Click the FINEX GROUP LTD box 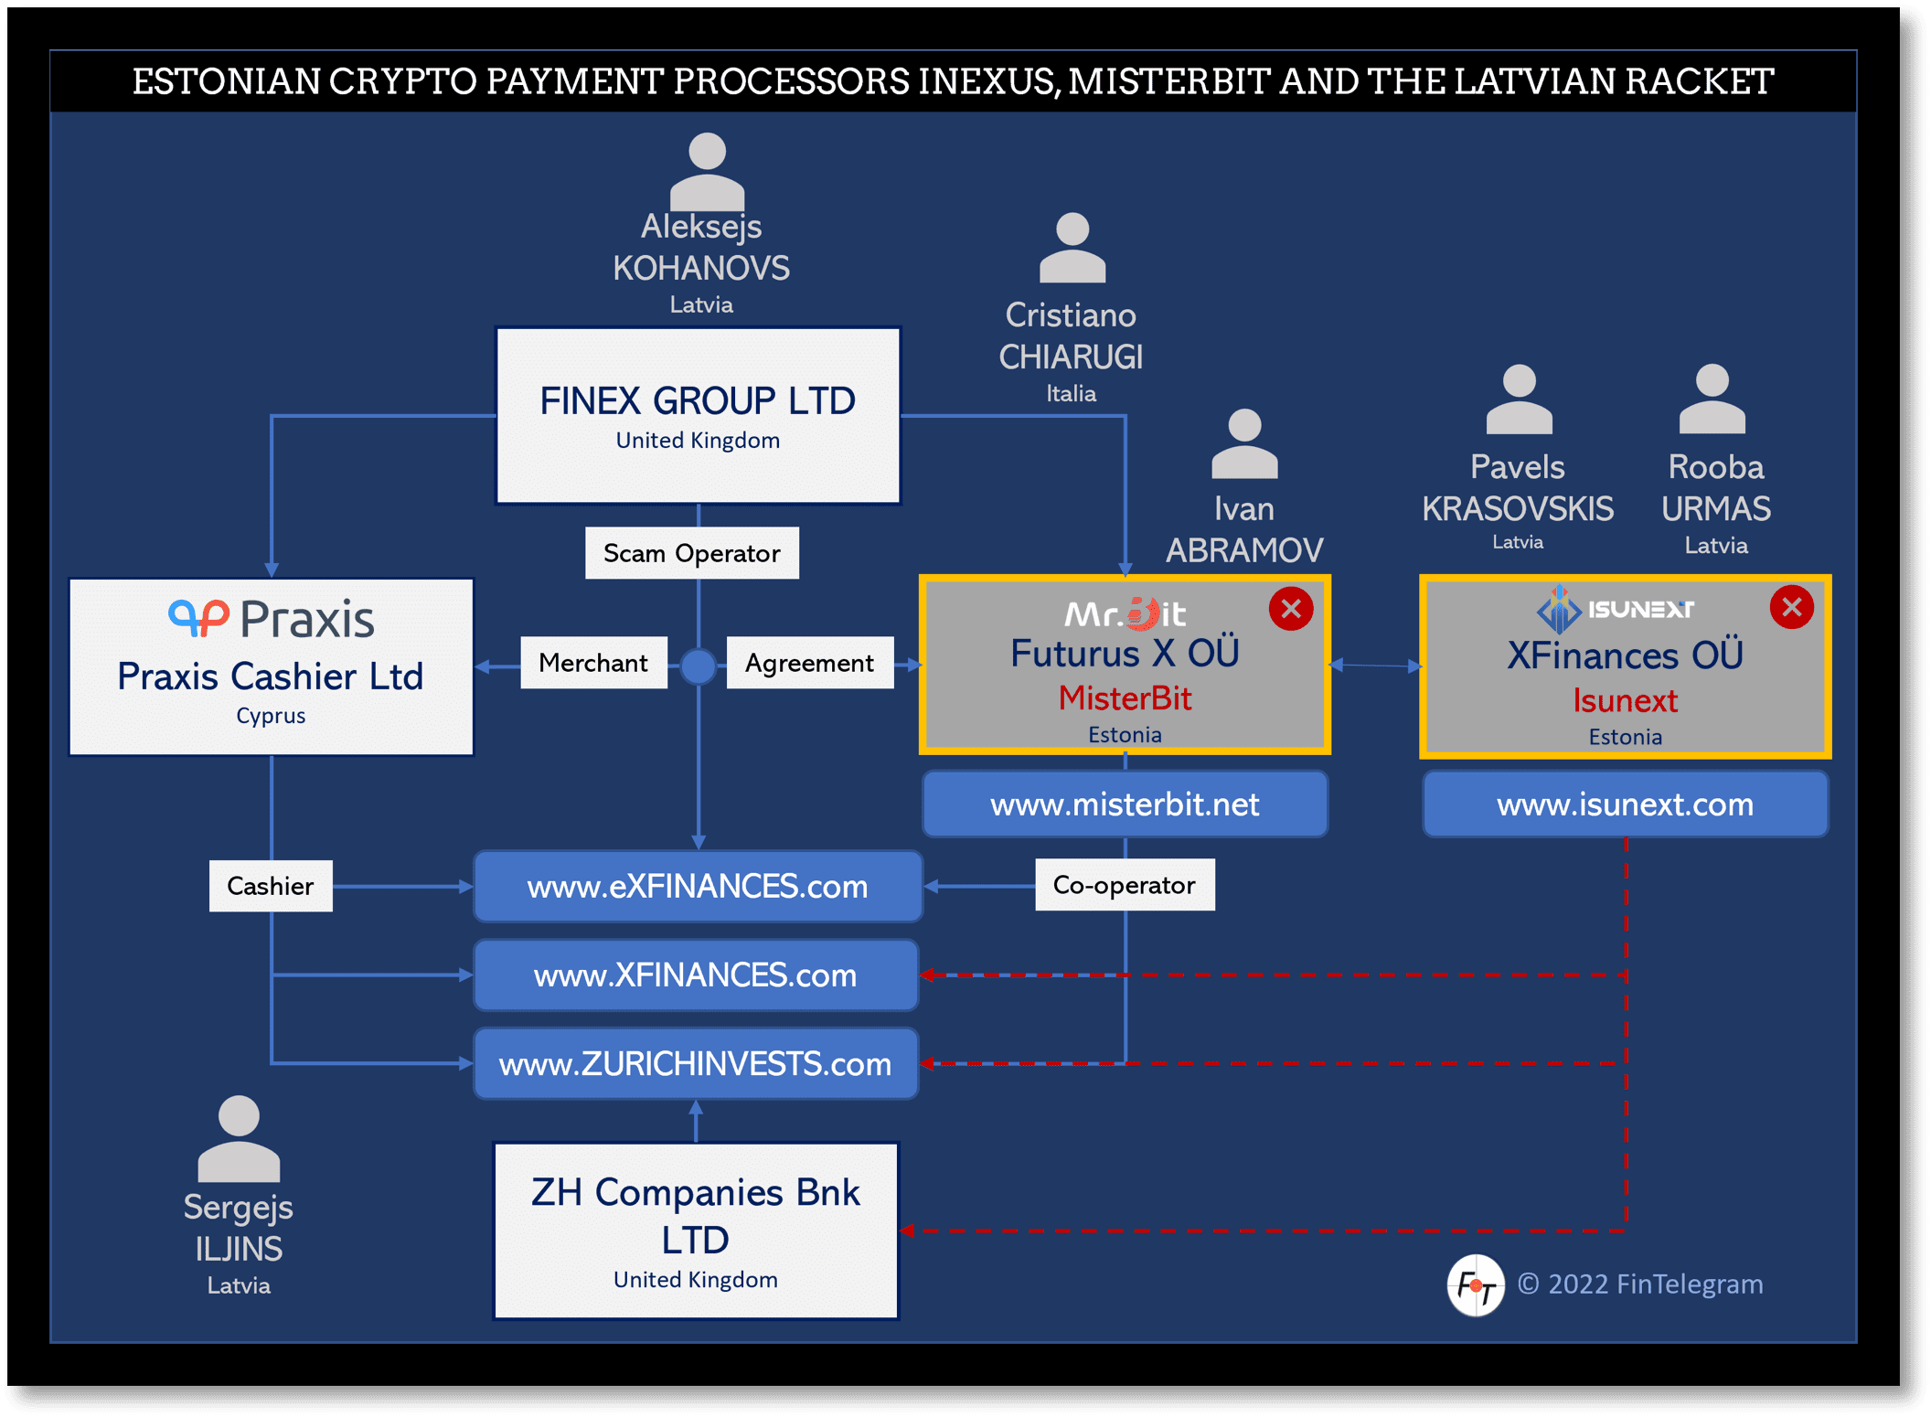tap(698, 416)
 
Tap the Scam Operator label tap(692, 553)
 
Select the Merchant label tap(593, 663)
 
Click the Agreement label tap(809, 663)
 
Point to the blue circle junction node tap(699, 666)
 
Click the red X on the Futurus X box tap(1291, 609)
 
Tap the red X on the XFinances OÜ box tap(1791, 607)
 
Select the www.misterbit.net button tap(1125, 804)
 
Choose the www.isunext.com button tap(1625, 804)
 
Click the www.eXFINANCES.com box tap(698, 886)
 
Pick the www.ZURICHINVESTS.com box tap(696, 1063)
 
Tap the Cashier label tap(271, 886)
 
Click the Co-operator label tap(1125, 885)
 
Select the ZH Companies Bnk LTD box tap(696, 1231)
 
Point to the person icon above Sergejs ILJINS tap(239, 1138)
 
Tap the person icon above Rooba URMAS tap(1712, 399)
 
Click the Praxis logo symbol tap(198, 618)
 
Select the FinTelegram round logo tap(1476, 1285)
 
